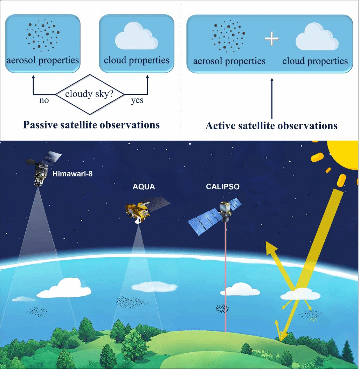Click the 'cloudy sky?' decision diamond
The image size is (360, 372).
click(90, 94)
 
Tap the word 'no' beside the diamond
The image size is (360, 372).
click(44, 101)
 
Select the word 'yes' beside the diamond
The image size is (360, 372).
click(137, 101)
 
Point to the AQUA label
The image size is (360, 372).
click(144, 187)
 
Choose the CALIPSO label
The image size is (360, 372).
click(223, 187)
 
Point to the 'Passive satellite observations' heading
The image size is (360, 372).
click(91, 125)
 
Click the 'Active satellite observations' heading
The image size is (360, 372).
click(271, 126)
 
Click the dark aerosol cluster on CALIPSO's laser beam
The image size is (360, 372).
click(222, 308)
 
